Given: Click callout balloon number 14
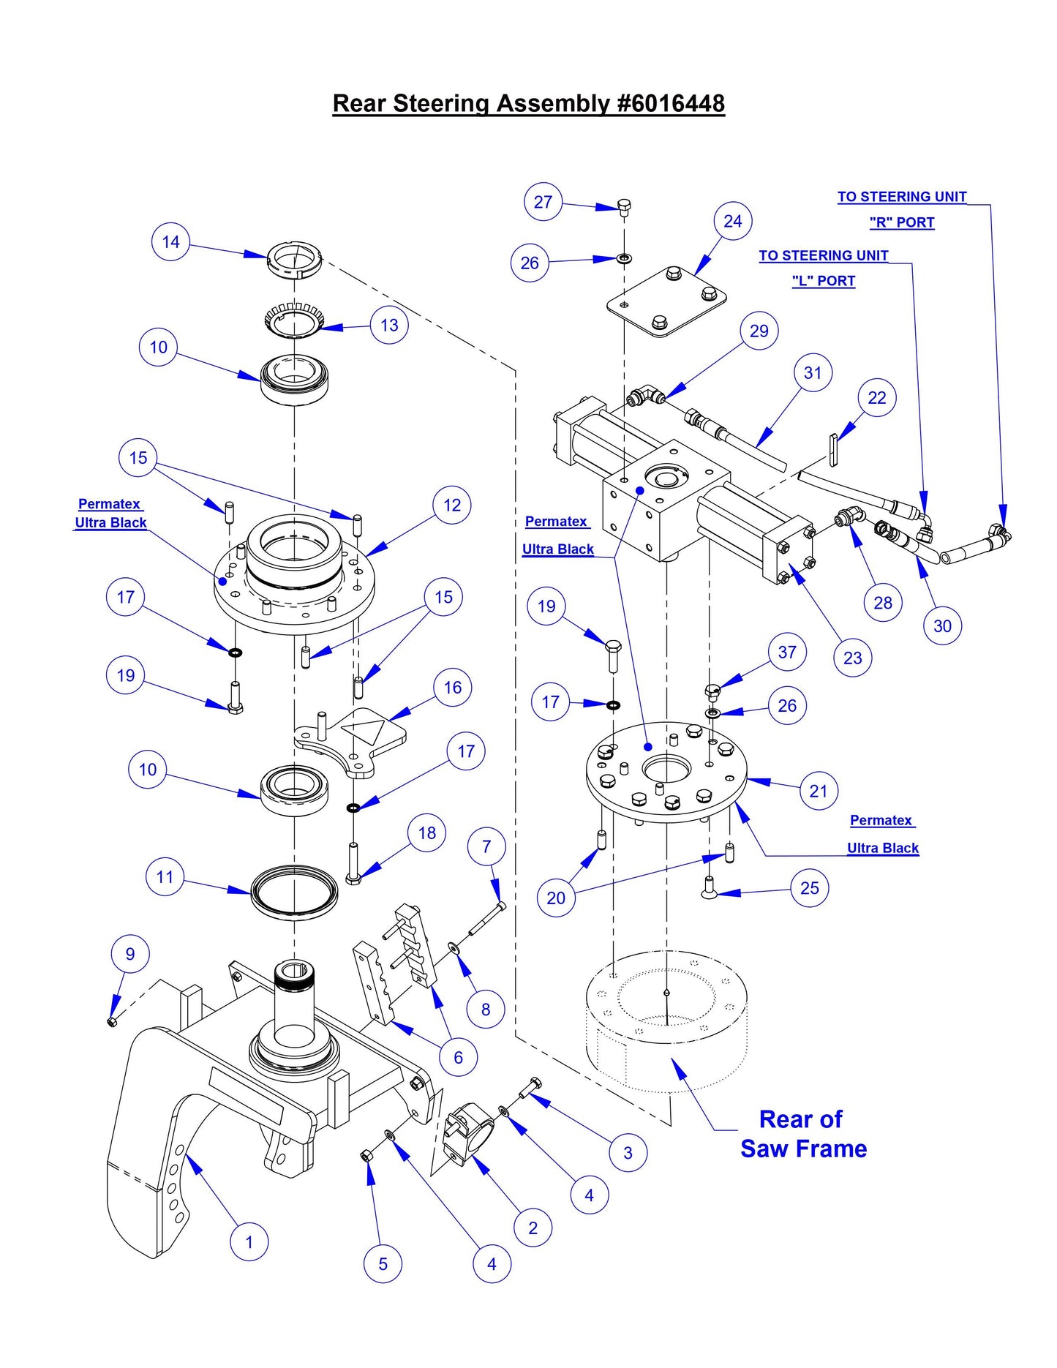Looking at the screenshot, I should click(170, 242).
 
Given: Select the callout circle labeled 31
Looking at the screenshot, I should click(813, 373).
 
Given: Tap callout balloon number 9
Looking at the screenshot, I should click(130, 954).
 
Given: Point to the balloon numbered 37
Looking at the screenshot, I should click(787, 652).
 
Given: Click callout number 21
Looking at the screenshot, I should click(819, 791).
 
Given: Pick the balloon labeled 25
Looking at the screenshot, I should click(809, 888).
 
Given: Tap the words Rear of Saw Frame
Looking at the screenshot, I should click(803, 1134).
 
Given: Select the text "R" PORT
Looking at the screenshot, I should click(901, 222).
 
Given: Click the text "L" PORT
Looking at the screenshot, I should click(823, 281).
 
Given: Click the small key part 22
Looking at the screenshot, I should click(832, 448).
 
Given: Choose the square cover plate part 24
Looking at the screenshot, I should click(666, 301).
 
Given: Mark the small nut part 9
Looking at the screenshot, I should click(112, 1021).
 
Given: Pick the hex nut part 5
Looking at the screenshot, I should click(367, 1156).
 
